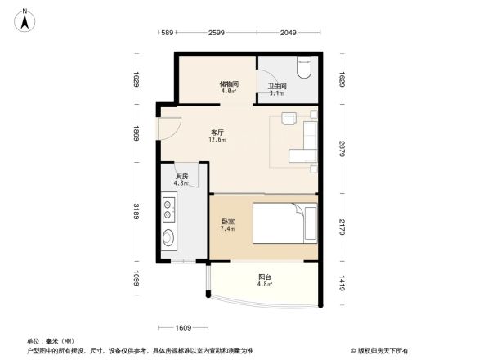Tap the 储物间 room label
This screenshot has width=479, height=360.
pos(229,83)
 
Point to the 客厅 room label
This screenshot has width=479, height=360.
pos(217,132)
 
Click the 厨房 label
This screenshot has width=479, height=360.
pos(181,176)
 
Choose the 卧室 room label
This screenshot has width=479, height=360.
pos(228,221)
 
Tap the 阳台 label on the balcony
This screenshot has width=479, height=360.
pos(264,277)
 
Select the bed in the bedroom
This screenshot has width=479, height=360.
pos(282,223)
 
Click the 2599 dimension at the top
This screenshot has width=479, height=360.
pos(217,32)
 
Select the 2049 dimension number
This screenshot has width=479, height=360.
pos(288,32)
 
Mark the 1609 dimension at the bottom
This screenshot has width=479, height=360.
pos(183,327)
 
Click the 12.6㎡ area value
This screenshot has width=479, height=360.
pos(217,139)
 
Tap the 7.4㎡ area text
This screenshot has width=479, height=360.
pos(228,229)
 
